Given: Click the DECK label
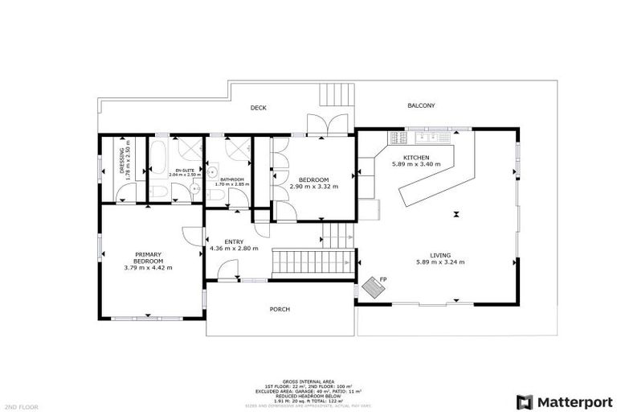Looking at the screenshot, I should (258, 108).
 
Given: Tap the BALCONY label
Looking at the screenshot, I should (421, 105).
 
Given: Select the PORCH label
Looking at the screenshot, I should (280, 309).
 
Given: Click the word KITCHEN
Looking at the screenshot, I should (416, 157).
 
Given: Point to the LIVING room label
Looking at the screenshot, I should (440, 254).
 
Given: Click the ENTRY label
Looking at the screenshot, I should (234, 241).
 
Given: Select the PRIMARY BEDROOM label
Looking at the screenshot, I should (149, 257).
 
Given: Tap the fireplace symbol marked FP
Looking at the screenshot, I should (374, 287).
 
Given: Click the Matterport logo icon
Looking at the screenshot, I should (525, 401).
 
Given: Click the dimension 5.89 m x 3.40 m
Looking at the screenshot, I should (416, 164).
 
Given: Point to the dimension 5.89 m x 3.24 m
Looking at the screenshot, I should (440, 262).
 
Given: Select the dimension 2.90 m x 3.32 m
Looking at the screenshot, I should (313, 186).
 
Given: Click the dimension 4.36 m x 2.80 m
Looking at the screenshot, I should (234, 249).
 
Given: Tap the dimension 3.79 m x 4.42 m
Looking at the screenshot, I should (149, 267).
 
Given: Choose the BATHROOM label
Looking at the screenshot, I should (232, 179).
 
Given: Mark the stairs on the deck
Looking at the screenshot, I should (337, 95).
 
